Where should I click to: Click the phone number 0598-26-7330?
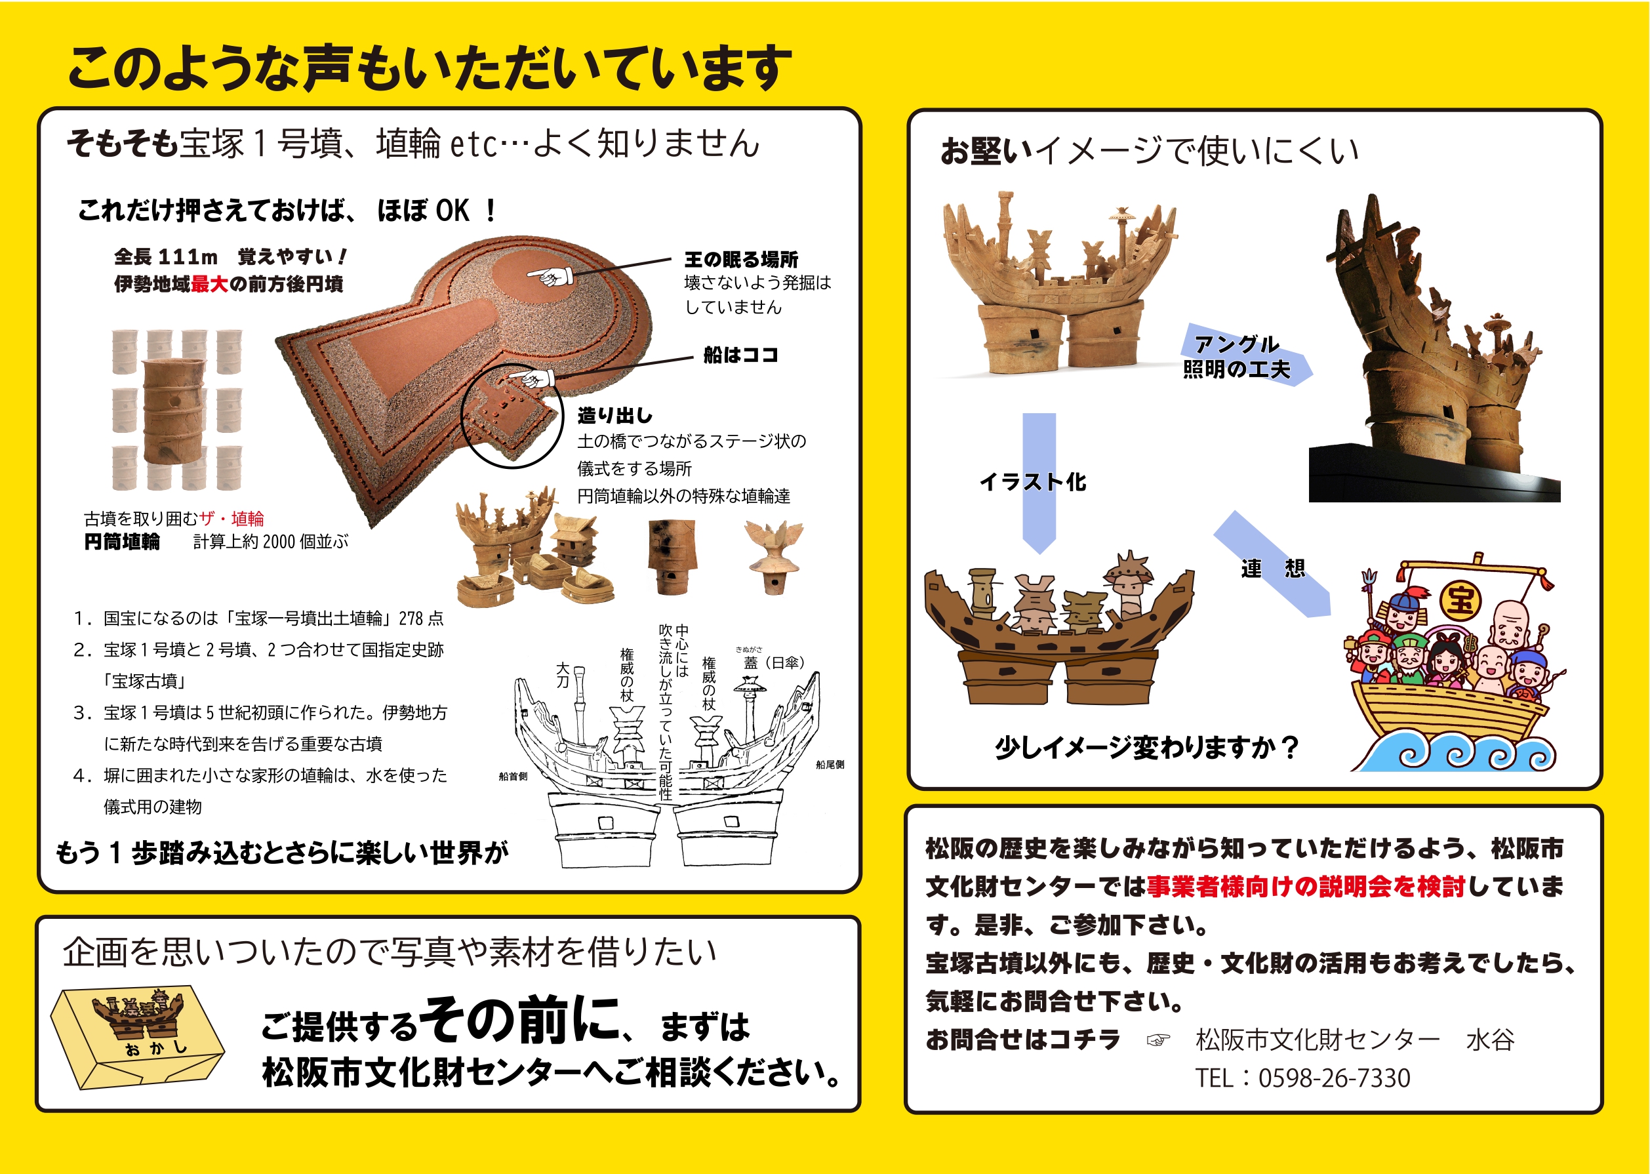[x=1334, y=1078]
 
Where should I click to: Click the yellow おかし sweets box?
[x=136, y=1038]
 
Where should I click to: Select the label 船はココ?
[x=741, y=355]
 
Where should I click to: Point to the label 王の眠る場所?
[x=741, y=260]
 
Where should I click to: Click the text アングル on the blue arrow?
[x=1237, y=344]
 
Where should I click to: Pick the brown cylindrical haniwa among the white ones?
[x=173, y=410]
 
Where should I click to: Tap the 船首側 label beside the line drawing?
[x=512, y=777]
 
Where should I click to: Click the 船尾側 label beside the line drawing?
[x=830, y=764]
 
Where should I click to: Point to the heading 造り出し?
[x=614, y=415]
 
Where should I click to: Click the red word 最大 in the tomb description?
[x=210, y=284]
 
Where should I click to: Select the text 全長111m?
[x=165, y=256]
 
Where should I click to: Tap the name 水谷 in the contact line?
[x=1489, y=1040]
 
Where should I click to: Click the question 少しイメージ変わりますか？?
[x=1147, y=748]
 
